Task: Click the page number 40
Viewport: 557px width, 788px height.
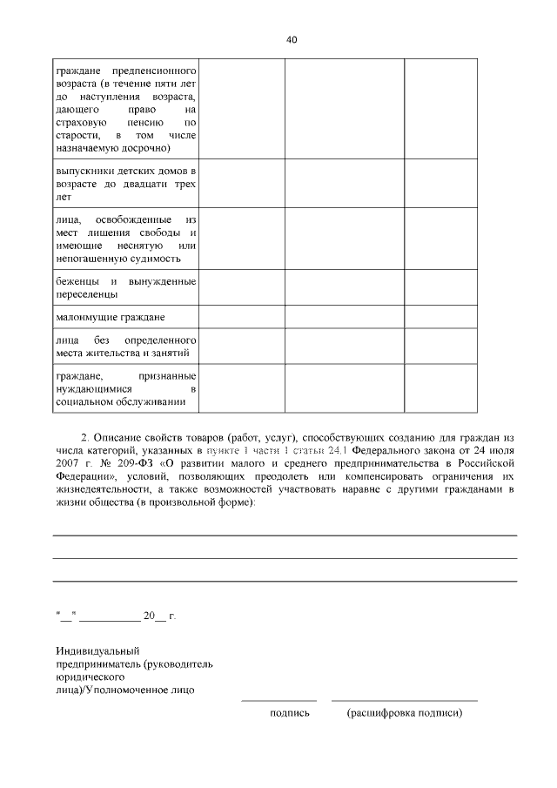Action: pos(292,39)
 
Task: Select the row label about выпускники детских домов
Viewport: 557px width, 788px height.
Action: pos(125,184)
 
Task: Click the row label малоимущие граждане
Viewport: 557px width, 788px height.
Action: pos(110,316)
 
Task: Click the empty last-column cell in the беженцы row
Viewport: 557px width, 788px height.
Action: pos(440,287)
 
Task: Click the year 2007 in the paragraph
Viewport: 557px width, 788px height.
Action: pos(67,465)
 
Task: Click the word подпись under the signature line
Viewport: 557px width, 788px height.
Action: pos(290,713)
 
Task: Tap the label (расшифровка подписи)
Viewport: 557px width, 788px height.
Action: pos(404,713)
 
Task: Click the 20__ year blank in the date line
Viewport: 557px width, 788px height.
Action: pos(153,616)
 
